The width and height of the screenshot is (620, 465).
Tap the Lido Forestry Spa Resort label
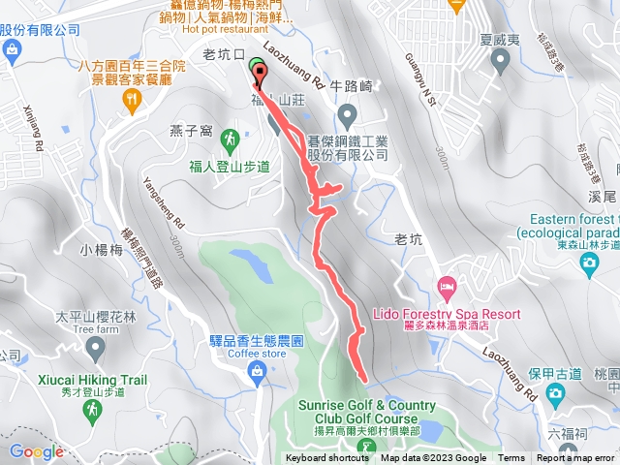point(447,314)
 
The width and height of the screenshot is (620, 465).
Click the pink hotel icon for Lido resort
point(447,287)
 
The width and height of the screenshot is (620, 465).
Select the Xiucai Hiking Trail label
point(93,381)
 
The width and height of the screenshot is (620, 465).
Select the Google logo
point(36,450)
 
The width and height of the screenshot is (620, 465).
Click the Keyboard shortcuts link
point(327,458)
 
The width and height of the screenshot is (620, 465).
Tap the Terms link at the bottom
point(511,458)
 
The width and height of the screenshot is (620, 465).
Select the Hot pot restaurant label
point(223,29)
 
